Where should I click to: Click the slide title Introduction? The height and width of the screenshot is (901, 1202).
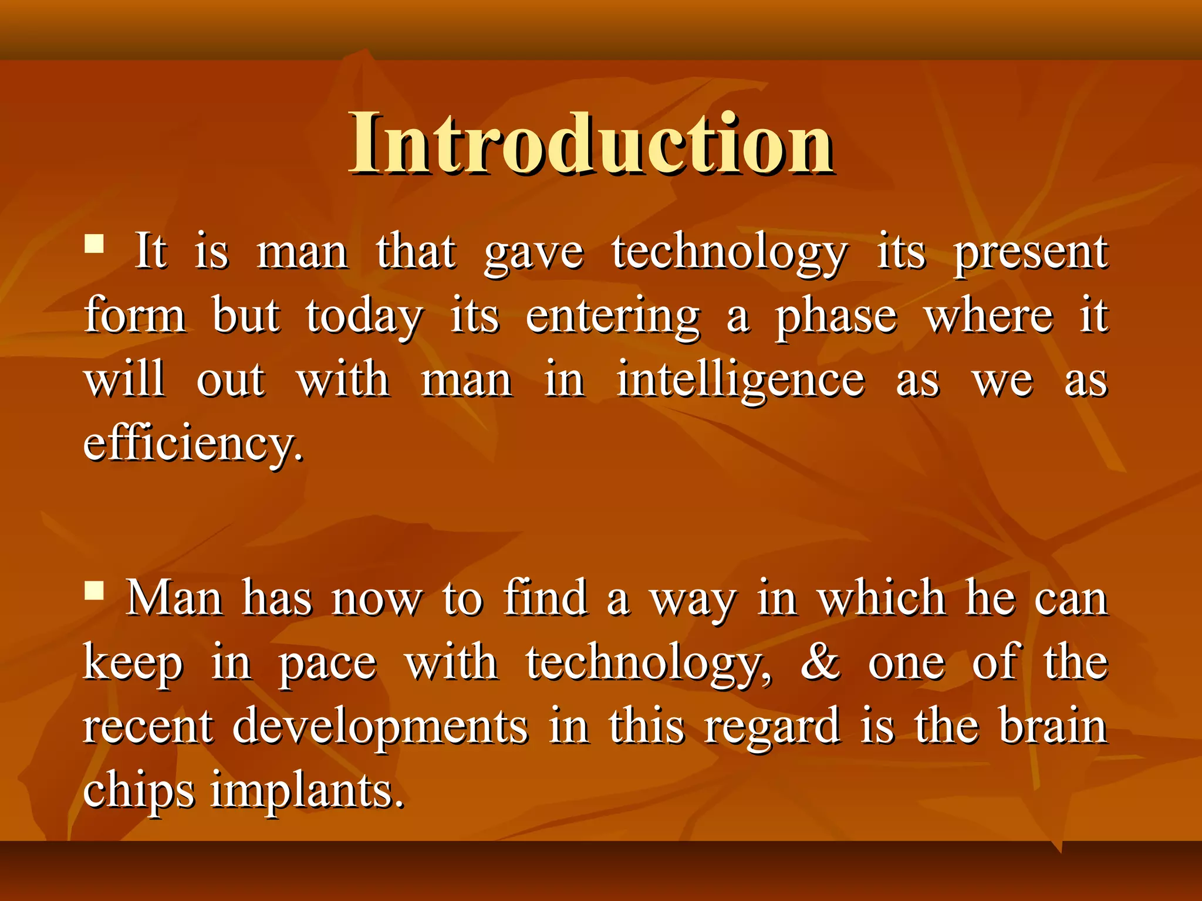592,144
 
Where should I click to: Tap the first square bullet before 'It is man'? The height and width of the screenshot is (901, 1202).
94,243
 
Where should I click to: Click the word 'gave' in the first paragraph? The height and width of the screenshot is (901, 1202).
534,253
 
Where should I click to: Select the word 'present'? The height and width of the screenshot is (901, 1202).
1031,253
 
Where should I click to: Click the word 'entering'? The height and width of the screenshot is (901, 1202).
613,317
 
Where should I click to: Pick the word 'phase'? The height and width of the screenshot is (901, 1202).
836,317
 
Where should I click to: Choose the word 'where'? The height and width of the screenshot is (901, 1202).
988,316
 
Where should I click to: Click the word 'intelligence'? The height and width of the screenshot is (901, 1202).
741,381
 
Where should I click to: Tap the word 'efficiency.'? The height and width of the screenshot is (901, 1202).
194,444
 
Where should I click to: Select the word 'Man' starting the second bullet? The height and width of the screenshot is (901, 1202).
175,599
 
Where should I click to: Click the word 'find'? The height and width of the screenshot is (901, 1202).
545,598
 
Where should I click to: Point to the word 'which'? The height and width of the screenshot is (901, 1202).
881,598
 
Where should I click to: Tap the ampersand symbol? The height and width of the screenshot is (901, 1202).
821,662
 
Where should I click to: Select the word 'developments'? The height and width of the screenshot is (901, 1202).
380,727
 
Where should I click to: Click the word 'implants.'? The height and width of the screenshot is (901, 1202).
308,791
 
